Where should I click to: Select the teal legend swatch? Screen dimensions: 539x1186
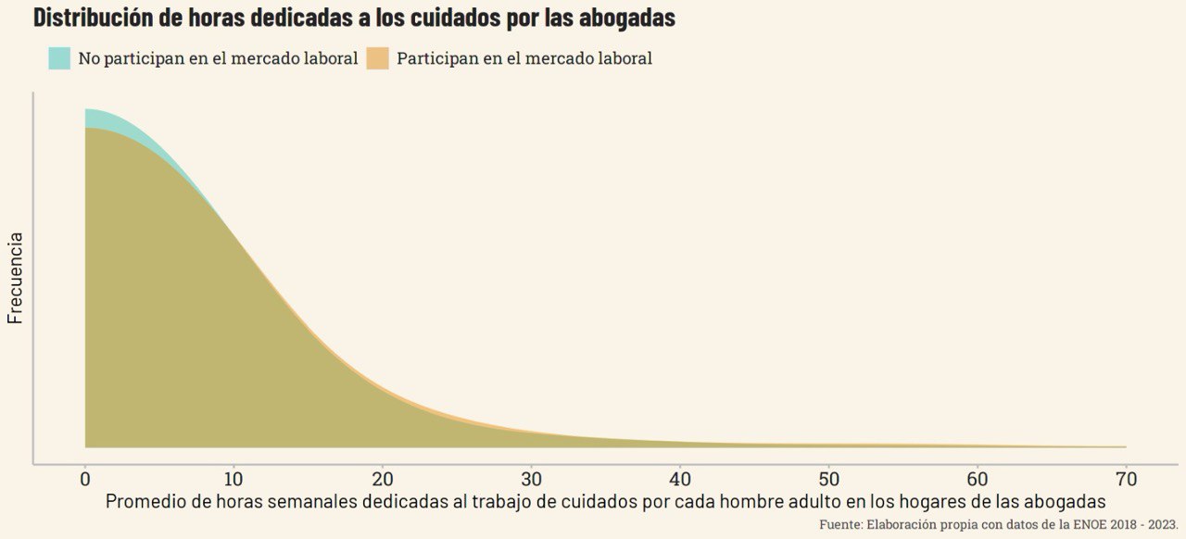point(59,58)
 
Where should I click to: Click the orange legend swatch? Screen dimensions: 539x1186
point(377,58)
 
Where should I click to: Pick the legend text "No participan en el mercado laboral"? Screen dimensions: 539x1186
point(218,58)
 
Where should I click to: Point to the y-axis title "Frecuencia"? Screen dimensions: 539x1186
point(15,278)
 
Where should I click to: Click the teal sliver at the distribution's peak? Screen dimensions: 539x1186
point(96,119)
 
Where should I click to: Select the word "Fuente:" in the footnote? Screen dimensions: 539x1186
point(840,525)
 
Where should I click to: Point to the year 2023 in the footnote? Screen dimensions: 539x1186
point(1162,525)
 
